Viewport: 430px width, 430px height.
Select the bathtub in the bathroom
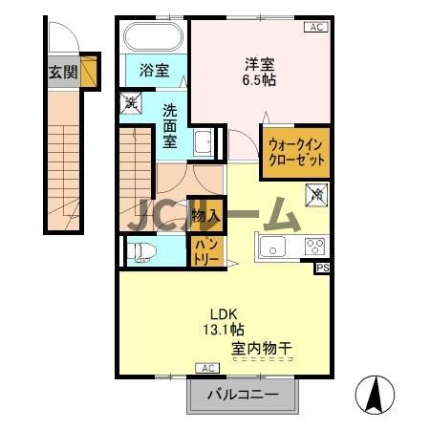pyautogui.click(x=153, y=39)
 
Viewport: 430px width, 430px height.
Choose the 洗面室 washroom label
pyautogui.click(x=170, y=124)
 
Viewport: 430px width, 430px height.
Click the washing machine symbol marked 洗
pyautogui.click(x=129, y=100)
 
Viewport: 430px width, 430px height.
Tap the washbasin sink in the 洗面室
pyautogui.click(x=203, y=144)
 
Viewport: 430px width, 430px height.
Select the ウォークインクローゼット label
pyautogui.click(x=296, y=153)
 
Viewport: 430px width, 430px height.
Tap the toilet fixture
pyautogui.click(x=141, y=252)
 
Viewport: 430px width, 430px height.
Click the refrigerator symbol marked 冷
pyautogui.click(x=315, y=195)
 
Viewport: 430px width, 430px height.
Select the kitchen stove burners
pyautogui.click(x=314, y=247)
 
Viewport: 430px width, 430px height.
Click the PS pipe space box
pyautogui.click(x=323, y=269)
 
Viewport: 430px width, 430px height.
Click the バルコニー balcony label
pyautogui.click(x=245, y=395)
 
